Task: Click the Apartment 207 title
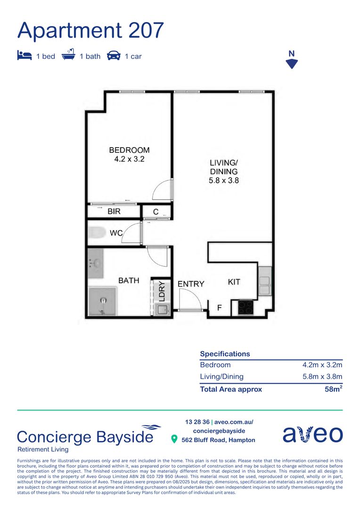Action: pyautogui.click(x=90, y=30)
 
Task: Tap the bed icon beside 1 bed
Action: pyautogui.click(x=24, y=56)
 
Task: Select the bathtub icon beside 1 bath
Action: pyautogui.click(x=69, y=56)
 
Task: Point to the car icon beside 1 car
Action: pyautogui.click(x=114, y=56)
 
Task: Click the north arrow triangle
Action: pyautogui.click(x=292, y=64)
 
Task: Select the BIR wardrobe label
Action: pyautogui.click(x=114, y=212)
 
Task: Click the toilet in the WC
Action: pyautogui.click(x=98, y=233)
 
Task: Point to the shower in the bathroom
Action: pyautogui.click(x=102, y=301)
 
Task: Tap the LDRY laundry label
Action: pyautogui.click(x=161, y=291)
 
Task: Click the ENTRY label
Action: pyautogui.click(x=191, y=284)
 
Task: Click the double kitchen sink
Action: pyautogui.click(x=264, y=282)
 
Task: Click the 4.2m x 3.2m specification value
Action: pyautogui.click(x=322, y=365)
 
